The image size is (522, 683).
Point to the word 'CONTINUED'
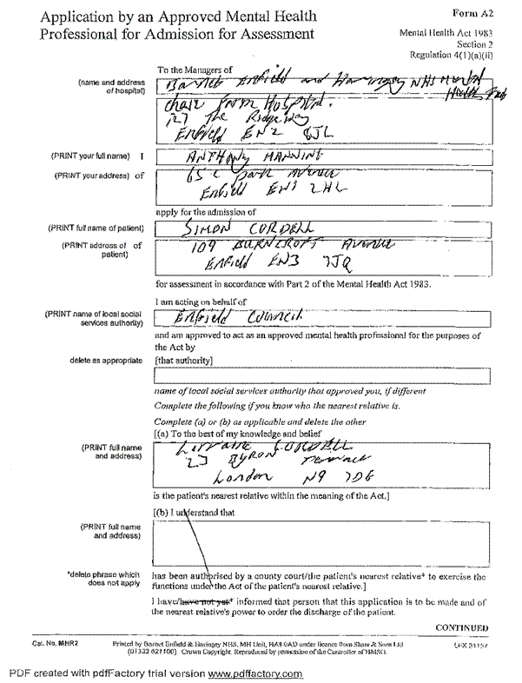(461, 627)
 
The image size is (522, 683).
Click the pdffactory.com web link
(255, 674)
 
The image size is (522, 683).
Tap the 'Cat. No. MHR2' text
(56, 643)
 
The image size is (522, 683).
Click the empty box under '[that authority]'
(321, 375)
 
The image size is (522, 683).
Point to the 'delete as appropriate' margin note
(106, 359)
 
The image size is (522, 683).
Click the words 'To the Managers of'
(195, 69)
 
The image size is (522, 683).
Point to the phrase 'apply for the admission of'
(205, 212)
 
